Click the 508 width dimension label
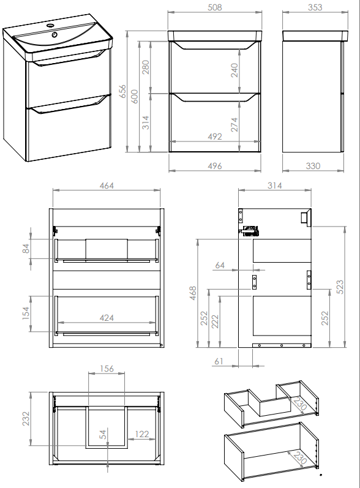click(215, 7)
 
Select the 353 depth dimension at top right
click(315, 7)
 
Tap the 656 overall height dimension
click(123, 91)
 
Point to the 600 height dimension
click(135, 97)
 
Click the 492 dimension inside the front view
click(215, 137)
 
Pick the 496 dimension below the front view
click(215, 166)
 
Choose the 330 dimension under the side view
click(313, 166)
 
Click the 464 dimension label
click(107, 186)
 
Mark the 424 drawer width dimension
click(107, 318)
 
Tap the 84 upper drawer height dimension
click(26, 249)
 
